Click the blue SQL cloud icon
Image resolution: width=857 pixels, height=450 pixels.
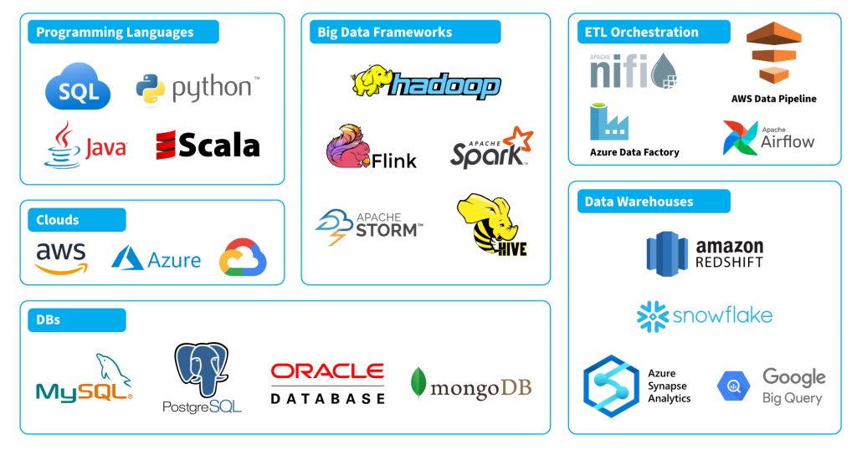78,89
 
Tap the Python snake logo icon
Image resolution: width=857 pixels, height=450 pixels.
151,89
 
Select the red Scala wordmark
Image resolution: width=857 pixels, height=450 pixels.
207,145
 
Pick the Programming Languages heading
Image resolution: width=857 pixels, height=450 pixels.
115,33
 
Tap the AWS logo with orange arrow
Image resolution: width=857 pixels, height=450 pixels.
60,258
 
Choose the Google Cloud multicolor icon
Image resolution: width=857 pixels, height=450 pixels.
243,258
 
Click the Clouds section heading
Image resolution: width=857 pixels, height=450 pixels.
58,220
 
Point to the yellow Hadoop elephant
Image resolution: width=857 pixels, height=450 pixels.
371,82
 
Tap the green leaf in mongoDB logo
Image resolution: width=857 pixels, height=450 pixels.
418,383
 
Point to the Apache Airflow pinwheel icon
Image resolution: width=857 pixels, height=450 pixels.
740,138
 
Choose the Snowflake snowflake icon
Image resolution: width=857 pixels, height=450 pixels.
653,317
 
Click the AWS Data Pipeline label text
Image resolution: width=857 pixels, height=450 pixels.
773,99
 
